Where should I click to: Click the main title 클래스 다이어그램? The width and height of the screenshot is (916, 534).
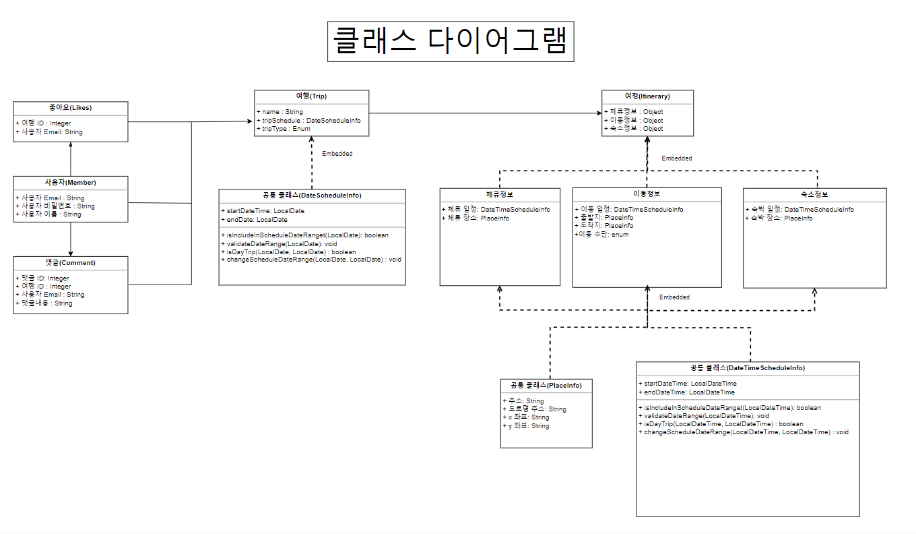[450, 42]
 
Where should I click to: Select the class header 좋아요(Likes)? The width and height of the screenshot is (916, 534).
[70, 107]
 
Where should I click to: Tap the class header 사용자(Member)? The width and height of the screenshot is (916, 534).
[70, 183]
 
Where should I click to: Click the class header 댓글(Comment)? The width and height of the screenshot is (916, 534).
[70, 262]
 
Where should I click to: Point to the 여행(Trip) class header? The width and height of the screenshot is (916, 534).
[311, 96]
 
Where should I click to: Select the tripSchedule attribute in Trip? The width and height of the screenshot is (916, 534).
[311, 120]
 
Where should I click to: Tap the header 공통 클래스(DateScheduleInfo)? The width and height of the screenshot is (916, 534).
[312, 196]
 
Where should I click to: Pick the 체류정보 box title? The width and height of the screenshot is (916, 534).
[499, 194]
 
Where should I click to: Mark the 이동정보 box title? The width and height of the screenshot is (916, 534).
[647, 194]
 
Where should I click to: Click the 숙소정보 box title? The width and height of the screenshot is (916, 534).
[815, 194]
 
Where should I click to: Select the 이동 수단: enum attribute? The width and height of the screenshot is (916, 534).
[601, 234]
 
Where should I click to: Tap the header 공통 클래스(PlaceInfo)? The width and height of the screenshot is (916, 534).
[546, 386]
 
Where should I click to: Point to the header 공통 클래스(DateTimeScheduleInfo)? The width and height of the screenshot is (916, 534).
[748, 368]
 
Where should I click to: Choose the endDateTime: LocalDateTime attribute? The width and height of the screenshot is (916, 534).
[689, 392]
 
